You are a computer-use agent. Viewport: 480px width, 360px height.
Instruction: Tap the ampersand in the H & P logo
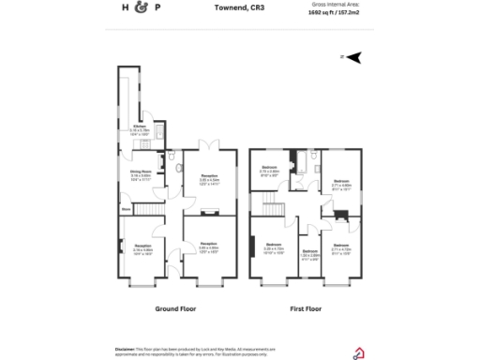click(142, 8)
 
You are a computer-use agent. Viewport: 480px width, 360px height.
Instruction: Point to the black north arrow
click(353, 57)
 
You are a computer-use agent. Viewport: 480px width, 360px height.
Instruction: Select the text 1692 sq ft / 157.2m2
click(334, 14)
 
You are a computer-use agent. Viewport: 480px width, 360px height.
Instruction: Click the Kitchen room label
click(139, 128)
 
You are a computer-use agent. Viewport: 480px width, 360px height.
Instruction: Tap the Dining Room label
click(140, 173)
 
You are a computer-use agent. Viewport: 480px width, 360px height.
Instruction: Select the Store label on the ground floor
click(125, 210)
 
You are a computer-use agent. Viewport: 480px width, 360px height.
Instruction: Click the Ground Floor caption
click(174, 307)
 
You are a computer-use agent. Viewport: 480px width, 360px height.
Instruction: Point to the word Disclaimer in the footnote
click(127, 347)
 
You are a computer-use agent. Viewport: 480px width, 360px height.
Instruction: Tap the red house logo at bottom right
click(357, 352)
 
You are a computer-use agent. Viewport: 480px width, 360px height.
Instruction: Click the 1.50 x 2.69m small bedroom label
click(308, 254)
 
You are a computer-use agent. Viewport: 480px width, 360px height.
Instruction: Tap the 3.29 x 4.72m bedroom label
click(273, 250)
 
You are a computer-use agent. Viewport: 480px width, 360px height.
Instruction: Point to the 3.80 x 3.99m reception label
click(209, 249)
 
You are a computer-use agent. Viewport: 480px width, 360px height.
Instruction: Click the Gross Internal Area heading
click(333, 5)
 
